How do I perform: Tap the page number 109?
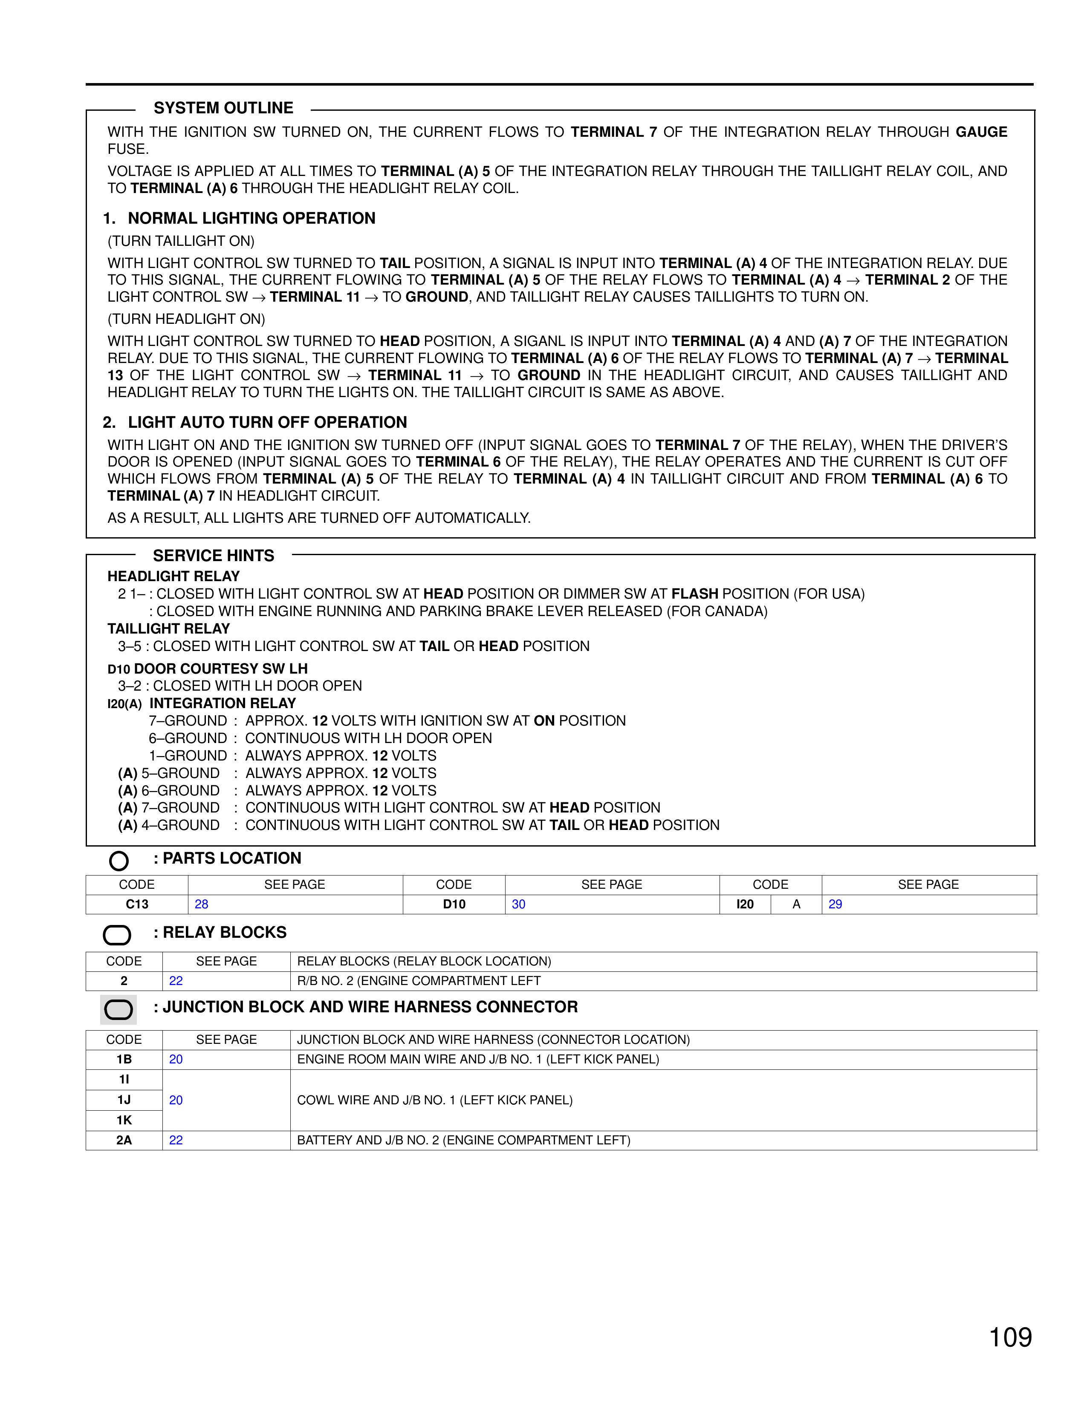tap(1010, 1337)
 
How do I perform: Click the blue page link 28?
tap(202, 904)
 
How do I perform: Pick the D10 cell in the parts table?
tap(454, 904)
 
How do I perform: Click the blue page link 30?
tap(518, 904)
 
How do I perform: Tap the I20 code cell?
tap(745, 904)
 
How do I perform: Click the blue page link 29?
tap(835, 904)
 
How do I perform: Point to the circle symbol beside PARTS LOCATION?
tap(119, 861)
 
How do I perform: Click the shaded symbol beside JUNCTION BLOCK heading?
tap(119, 1009)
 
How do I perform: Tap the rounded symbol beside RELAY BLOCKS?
tap(117, 935)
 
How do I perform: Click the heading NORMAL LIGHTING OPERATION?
tap(251, 218)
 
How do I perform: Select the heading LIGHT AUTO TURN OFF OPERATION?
tap(267, 422)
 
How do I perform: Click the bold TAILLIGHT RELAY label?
tap(169, 628)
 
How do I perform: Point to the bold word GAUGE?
tap(981, 132)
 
